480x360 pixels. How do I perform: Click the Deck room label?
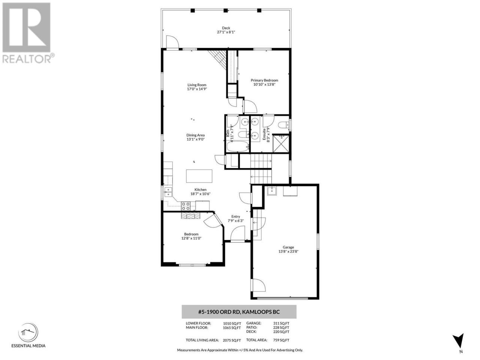226,28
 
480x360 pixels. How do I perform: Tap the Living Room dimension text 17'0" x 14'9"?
197,89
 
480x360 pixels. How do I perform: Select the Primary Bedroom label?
264,80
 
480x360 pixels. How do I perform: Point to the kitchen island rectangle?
199,176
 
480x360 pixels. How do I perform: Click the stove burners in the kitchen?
186,206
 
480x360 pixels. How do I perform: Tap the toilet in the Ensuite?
283,125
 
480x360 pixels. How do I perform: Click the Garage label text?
288,247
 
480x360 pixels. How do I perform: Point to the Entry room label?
235,216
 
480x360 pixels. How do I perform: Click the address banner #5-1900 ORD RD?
239,312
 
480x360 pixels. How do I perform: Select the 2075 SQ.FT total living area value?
232,340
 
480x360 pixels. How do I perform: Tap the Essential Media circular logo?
28,333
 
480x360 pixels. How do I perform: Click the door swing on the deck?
172,42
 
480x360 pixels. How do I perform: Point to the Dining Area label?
195,135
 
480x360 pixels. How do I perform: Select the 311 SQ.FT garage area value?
281,323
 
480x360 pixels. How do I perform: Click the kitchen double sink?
168,192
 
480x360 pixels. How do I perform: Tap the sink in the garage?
271,190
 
